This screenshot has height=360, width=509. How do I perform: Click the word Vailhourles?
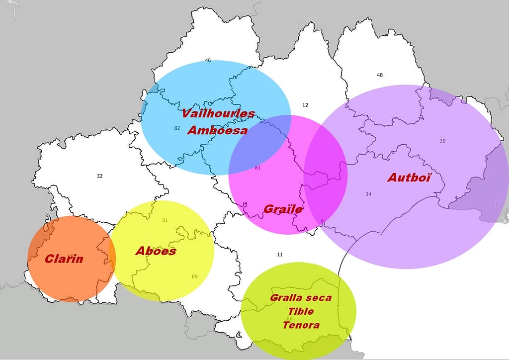[218, 113]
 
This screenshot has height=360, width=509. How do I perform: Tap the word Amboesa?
[217, 131]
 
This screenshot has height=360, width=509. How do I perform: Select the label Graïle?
[283, 209]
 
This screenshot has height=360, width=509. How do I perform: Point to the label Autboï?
[409, 178]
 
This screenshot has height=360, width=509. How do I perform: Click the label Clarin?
[64, 259]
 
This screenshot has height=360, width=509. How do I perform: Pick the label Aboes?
[156, 251]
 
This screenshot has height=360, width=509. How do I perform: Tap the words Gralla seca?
[300, 298]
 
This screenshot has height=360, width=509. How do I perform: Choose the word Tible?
[301, 311]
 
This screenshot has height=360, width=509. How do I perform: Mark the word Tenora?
[301, 325]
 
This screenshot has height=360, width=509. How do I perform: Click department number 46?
[208, 61]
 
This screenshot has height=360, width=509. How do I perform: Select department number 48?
[380, 75]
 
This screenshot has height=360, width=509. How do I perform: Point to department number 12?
[305, 105]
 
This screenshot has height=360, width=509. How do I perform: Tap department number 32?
[99, 176]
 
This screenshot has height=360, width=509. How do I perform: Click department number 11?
[280, 255]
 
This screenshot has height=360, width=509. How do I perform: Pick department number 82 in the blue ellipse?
[177, 128]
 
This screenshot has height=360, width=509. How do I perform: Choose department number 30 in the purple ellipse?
[442, 141]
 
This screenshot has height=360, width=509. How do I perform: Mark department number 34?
[368, 194]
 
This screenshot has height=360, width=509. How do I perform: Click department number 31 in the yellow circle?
[165, 220]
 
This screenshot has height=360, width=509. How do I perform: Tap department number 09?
[194, 276]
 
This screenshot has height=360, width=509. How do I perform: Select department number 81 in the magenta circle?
[257, 168]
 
